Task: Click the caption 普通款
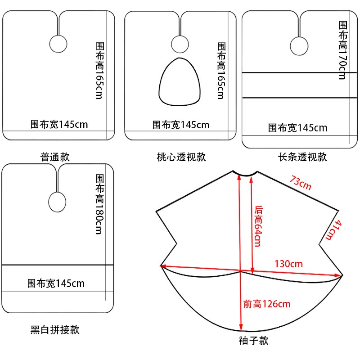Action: click(x=55, y=157)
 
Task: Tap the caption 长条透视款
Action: click(x=302, y=157)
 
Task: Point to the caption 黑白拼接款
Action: click(x=55, y=330)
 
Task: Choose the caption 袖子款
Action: click(x=253, y=341)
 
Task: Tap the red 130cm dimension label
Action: click(x=289, y=264)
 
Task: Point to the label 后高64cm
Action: click(x=258, y=226)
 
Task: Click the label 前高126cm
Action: click(x=267, y=304)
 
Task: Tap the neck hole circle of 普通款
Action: click(x=58, y=44)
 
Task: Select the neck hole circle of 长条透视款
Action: click(x=298, y=45)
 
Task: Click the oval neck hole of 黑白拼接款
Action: click(x=56, y=202)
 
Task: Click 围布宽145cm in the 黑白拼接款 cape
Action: click(x=56, y=283)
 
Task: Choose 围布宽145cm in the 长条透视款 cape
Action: click(x=298, y=128)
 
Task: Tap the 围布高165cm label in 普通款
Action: click(x=99, y=71)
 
